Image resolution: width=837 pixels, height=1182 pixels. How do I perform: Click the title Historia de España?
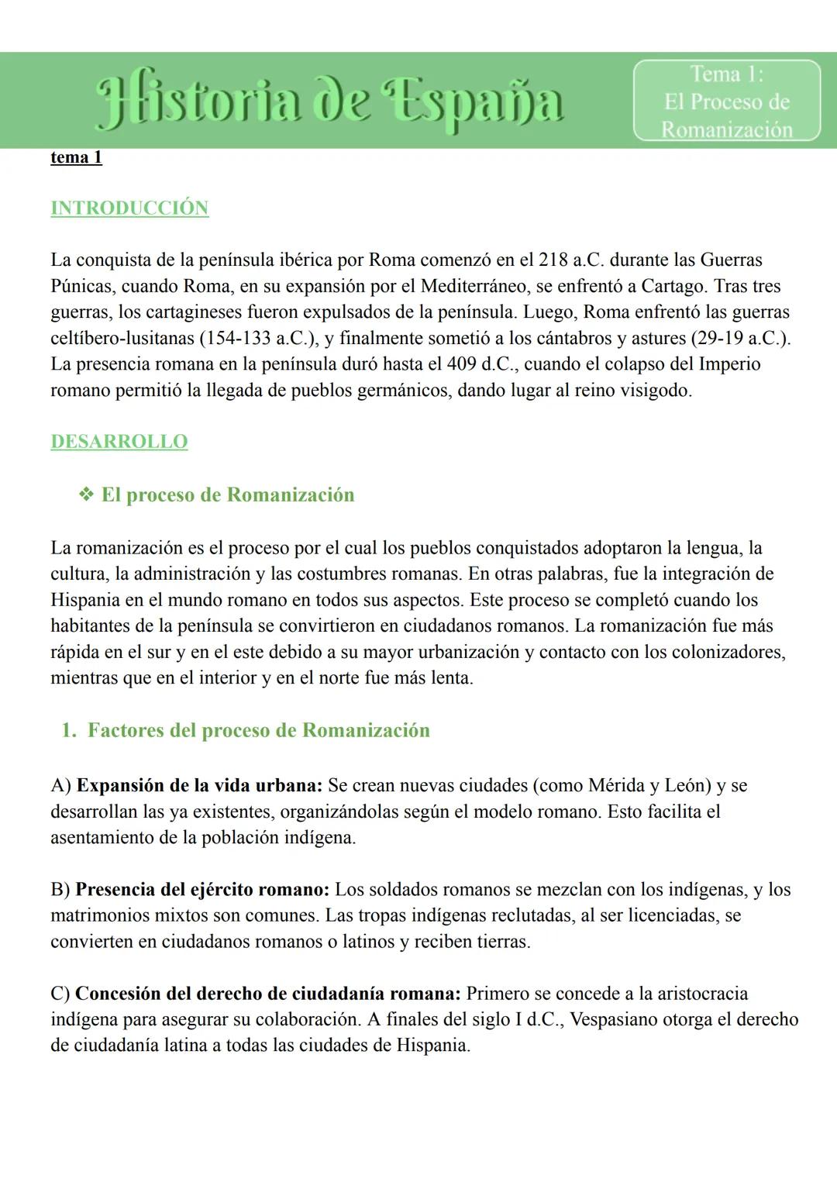coord(329,104)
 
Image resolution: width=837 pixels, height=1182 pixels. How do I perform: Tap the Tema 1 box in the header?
coord(726,101)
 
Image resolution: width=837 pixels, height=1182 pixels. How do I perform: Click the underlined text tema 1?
coord(76,157)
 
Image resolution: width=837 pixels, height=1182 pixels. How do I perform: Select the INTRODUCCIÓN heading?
coord(129,208)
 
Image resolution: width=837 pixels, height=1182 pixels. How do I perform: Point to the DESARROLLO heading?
coord(119,441)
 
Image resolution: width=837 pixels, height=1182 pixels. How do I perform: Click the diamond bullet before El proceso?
coord(87,495)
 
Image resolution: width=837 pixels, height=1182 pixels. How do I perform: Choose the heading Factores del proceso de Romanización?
coord(258,730)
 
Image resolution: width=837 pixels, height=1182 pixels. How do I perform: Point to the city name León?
coord(685,785)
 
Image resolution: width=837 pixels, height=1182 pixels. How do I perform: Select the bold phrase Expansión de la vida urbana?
coord(199,785)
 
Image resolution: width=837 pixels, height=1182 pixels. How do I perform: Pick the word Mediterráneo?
coord(475,286)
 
